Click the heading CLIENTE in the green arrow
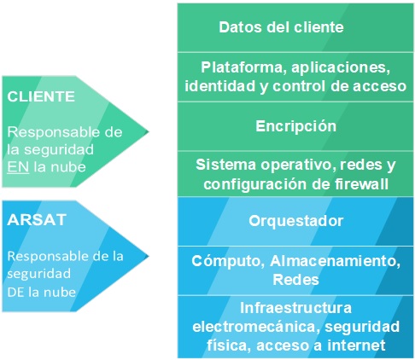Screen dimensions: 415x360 coord(41,96)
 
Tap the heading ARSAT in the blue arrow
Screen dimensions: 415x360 coord(37,220)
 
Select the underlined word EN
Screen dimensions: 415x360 coord(18,167)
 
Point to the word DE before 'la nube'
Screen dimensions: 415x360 coord(15,292)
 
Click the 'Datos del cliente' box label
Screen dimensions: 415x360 coord(281,27)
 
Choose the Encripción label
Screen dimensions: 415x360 coord(295,126)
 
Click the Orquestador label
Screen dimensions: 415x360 coord(295,221)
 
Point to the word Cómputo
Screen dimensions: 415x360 coord(228,261)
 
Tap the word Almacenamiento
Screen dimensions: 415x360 coord(335,261)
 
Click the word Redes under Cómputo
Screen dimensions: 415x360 coord(295,280)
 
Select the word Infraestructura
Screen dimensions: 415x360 coord(295,308)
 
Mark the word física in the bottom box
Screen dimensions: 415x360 coord(229,345)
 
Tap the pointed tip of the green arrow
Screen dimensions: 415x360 coord(148,131)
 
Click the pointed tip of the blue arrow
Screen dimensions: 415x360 coord(148,256)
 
